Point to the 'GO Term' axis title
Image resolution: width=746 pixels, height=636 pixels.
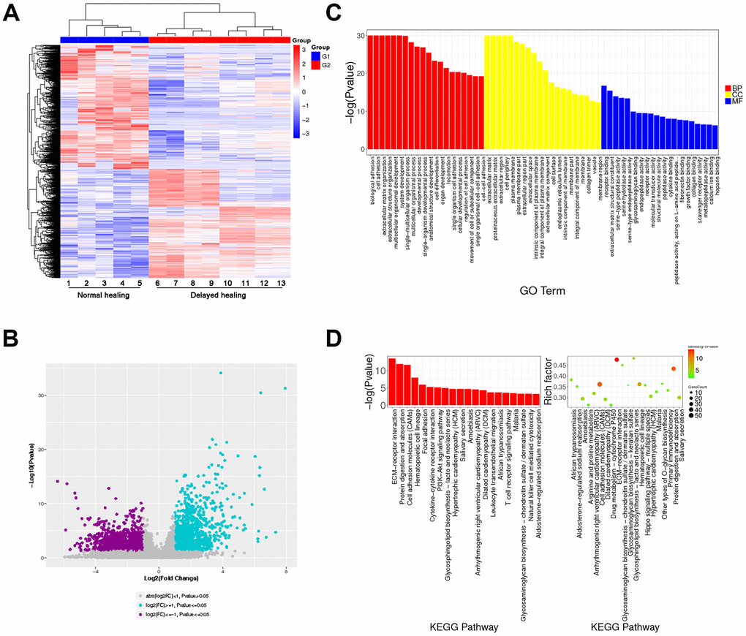[x=538, y=311]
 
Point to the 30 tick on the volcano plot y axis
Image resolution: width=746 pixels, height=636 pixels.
[x=37, y=395]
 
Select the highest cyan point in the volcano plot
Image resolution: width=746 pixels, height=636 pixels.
[x=220, y=374]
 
